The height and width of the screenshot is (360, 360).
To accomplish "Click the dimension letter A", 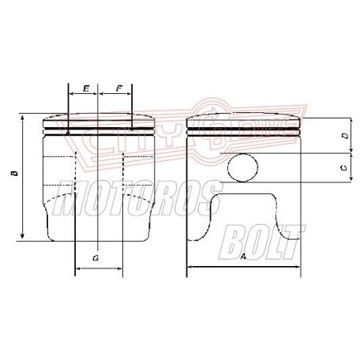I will point(243,257).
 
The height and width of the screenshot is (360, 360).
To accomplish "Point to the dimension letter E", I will point(84,89).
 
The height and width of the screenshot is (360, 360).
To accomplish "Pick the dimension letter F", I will point(118,89).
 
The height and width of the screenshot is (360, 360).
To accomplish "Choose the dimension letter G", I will point(96,258).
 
